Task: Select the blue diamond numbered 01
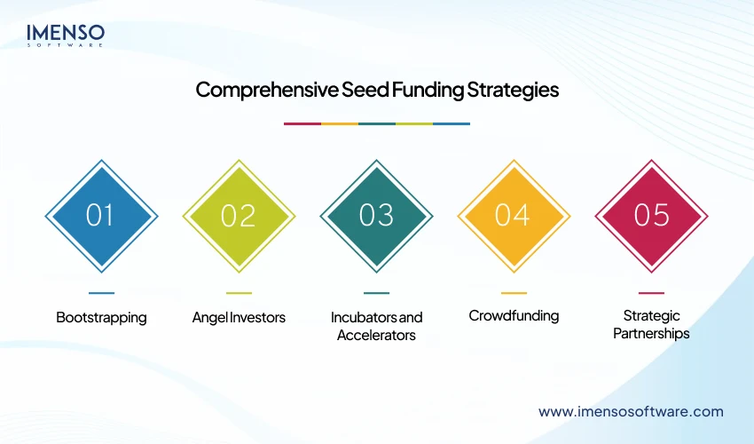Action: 101,216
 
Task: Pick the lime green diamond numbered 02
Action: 239,216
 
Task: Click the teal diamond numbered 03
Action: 376,216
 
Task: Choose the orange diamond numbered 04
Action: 514,216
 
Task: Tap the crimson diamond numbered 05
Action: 651,216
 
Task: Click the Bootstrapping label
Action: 101,317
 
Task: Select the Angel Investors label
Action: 239,317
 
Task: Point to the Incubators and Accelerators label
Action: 376,326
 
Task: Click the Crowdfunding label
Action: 514,316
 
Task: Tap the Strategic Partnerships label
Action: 651,325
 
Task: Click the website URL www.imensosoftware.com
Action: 631,411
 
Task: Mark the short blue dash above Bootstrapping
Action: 101,293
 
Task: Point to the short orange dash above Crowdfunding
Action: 514,293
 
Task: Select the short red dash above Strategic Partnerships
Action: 651,293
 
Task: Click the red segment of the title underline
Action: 302,123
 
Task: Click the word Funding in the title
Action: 422,91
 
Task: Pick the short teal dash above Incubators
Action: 376,293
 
